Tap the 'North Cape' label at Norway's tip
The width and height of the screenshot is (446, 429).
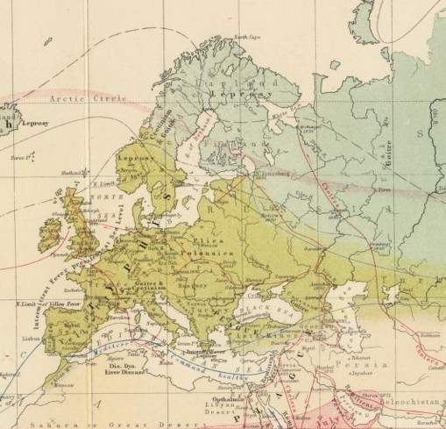coord(246,37)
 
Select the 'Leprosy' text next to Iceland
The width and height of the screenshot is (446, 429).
coord(35,124)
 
